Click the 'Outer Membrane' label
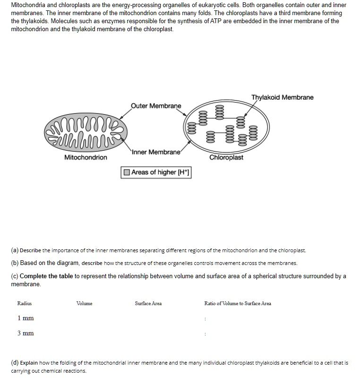(x=155, y=106)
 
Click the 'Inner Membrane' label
(x=156, y=152)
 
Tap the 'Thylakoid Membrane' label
(x=282, y=97)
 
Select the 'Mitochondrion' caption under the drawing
(x=86, y=157)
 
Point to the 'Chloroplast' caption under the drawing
(x=226, y=157)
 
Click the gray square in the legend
(x=127, y=172)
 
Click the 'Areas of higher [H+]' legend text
(x=160, y=172)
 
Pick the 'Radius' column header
(x=25, y=304)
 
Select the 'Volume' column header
(x=85, y=304)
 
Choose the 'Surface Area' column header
(x=148, y=304)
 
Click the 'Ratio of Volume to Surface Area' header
(x=237, y=304)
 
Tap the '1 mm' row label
(x=26, y=318)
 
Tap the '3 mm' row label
(x=26, y=333)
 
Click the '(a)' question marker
(x=15, y=250)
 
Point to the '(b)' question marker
(x=15, y=263)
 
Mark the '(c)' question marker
(x=15, y=276)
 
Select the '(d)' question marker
(x=15, y=363)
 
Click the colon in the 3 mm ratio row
(x=205, y=334)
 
